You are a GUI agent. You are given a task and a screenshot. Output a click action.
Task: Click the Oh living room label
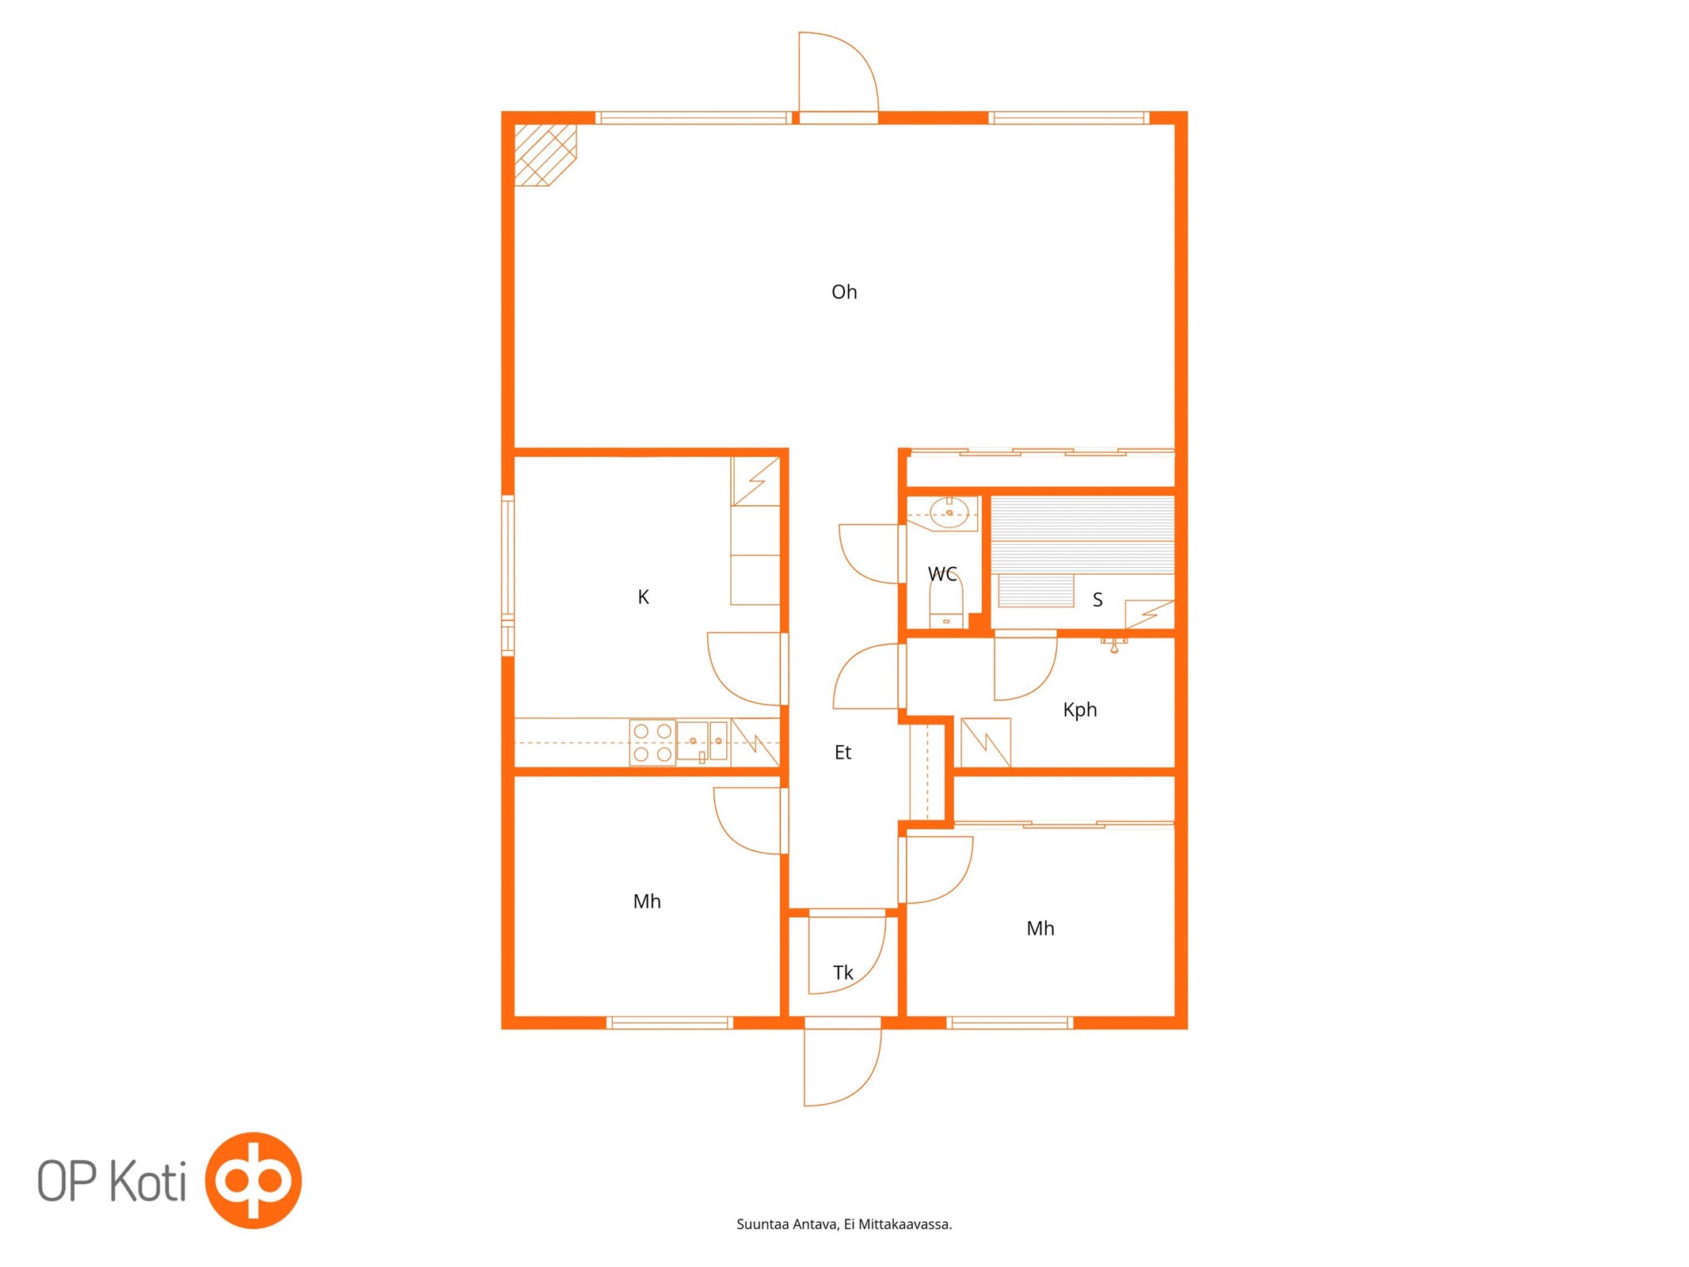(844, 292)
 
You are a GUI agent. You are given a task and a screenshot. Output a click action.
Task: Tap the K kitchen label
(643, 597)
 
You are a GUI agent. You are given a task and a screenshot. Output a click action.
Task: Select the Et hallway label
(843, 752)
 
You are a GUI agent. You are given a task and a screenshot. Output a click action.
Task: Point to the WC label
(942, 574)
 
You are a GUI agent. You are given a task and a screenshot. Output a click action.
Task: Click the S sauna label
(1097, 600)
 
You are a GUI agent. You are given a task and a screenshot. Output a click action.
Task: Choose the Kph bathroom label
(1080, 710)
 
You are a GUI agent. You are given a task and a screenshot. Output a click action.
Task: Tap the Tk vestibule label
(843, 972)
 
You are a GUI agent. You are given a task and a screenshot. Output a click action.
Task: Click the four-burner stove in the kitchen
(652, 743)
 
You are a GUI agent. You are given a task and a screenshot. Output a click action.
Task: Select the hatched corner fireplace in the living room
(545, 154)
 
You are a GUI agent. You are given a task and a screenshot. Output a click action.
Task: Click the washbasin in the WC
(949, 512)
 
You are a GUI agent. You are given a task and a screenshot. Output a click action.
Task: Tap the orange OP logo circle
(253, 1180)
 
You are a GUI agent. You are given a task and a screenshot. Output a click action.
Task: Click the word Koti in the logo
(147, 1181)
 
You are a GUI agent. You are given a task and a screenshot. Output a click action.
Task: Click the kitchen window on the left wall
(508, 576)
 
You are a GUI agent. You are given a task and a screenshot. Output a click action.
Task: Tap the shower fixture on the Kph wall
(1114, 644)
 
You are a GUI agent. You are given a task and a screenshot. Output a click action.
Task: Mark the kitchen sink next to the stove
(702, 742)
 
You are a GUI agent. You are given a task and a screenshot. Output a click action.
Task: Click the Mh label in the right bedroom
(1040, 928)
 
